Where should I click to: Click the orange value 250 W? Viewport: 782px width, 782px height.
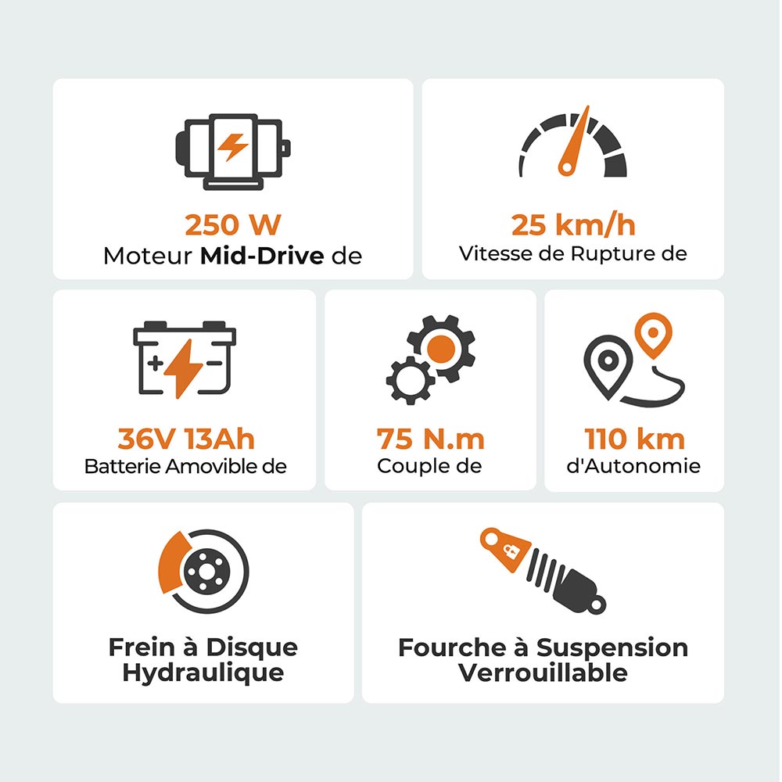[x=232, y=225]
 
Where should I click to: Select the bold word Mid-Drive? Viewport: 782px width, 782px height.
[x=262, y=256]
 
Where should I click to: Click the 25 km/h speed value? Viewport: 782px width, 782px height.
[x=573, y=225]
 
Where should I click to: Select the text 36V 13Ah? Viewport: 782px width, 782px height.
[x=186, y=439]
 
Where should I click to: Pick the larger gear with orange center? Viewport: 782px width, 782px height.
[x=441, y=346]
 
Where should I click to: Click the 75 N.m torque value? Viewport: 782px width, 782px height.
[x=430, y=439]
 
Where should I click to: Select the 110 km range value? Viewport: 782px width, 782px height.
[x=634, y=439]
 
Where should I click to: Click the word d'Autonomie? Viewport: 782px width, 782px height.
[x=633, y=467]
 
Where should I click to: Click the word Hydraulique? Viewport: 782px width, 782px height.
[x=203, y=673]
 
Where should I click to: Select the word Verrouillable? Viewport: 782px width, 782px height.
[x=543, y=673]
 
